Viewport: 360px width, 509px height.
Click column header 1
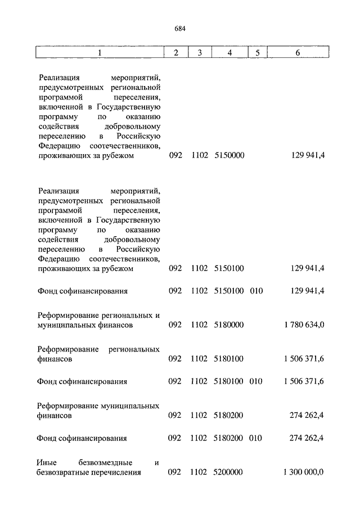coord(100,53)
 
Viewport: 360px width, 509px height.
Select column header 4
coord(229,53)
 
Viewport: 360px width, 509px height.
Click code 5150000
coord(229,156)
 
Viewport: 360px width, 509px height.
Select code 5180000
coord(229,325)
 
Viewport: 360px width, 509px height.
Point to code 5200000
coord(229,472)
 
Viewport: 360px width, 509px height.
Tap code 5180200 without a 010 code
coord(229,415)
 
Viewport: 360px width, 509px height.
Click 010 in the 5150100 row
coord(256,291)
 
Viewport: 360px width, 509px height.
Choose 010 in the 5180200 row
coord(256,438)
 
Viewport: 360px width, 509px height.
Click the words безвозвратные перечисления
coord(89,472)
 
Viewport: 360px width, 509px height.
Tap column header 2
coord(176,53)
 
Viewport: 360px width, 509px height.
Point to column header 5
coord(257,53)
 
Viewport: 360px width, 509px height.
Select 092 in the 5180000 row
coord(175,325)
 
